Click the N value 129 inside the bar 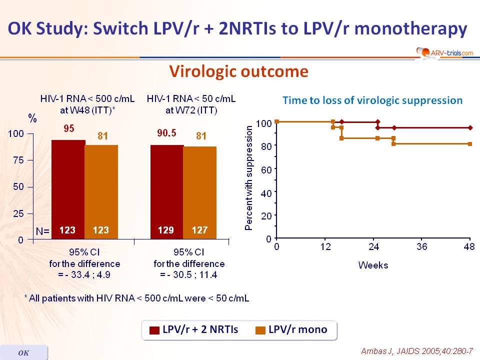coord(166,231)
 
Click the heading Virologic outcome coord(238,72)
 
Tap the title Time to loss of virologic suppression coord(372,100)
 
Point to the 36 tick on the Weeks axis coord(422,247)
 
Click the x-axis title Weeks coord(373,265)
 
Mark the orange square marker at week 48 coord(470,144)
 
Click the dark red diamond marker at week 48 coord(470,127)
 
